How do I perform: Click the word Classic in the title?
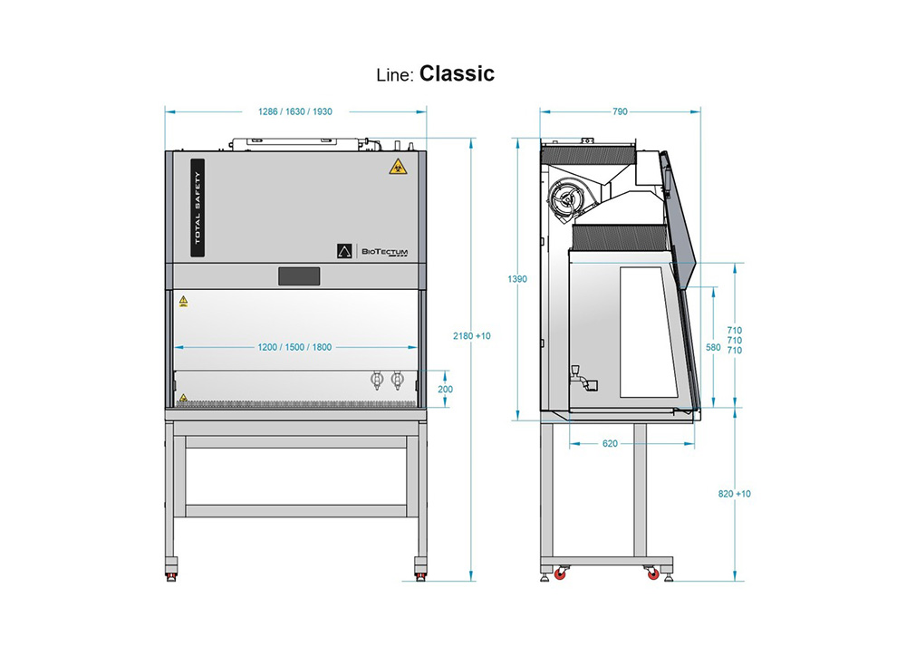pos(457,73)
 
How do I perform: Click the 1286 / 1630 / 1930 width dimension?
pos(295,111)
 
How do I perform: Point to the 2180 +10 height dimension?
pos(471,336)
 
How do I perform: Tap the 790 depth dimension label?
pos(620,111)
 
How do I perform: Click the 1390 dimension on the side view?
pos(517,279)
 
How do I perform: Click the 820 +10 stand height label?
pos(734,494)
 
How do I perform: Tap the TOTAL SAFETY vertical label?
pos(198,208)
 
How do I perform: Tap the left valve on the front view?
pos(377,381)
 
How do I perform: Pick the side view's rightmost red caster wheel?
pos(651,573)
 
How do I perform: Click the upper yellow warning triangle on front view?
pos(183,299)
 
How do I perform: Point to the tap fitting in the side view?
pos(575,374)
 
